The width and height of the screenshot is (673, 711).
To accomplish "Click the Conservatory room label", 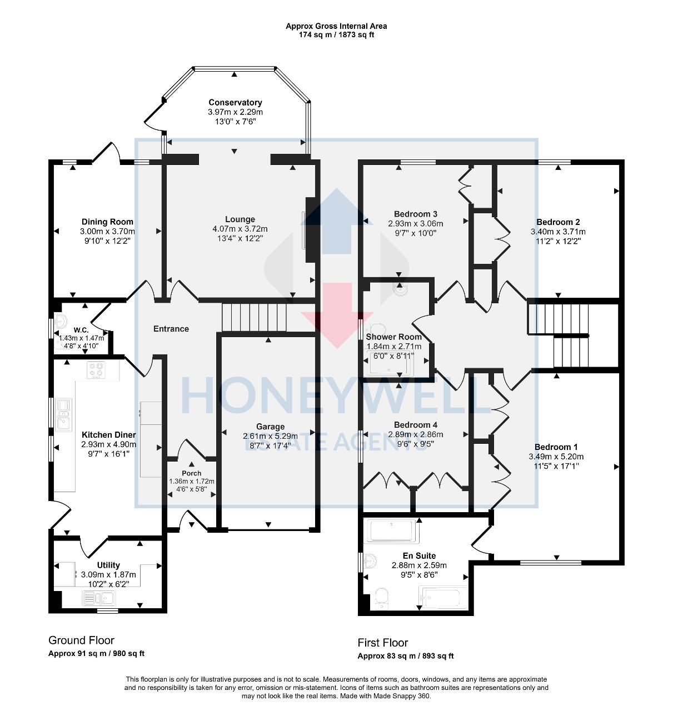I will (235, 102).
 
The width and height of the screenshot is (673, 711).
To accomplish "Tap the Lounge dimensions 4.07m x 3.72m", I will (240, 229).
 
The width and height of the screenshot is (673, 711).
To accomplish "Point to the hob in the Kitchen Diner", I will (96, 370).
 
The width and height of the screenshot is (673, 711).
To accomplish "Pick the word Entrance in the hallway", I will (171, 329).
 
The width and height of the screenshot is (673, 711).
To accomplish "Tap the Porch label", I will (192, 473).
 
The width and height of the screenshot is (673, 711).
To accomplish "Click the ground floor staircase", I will (253, 317).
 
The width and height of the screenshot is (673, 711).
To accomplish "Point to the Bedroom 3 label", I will (416, 214).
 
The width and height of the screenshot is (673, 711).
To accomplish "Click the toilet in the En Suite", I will (381, 598).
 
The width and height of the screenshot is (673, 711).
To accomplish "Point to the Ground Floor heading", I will (81, 640).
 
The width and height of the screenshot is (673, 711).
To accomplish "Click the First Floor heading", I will (382, 643).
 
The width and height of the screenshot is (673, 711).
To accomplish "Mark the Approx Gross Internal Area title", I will (336, 26).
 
